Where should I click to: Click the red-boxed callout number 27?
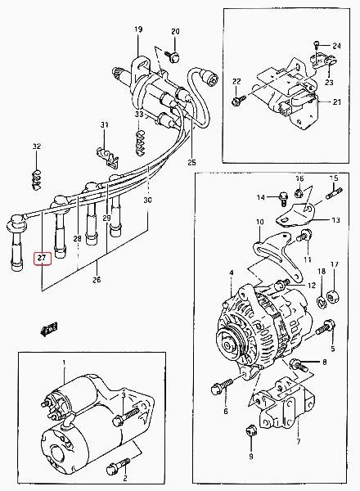[42, 258]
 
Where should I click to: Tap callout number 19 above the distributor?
[138, 29]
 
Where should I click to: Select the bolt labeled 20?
[173, 56]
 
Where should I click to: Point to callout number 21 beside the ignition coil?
[337, 101]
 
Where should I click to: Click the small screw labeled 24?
[316, 45]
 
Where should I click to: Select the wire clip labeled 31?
[108, 156]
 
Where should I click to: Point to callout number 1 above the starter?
[64, 363]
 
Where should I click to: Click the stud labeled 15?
[335, 193]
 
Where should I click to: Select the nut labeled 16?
[299, 193]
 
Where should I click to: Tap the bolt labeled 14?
[283, 199]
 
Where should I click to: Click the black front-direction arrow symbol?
[49, 330]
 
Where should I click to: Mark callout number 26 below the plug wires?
[97, 279]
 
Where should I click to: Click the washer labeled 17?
[333, 297]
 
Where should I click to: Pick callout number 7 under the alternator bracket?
[299, 442]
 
